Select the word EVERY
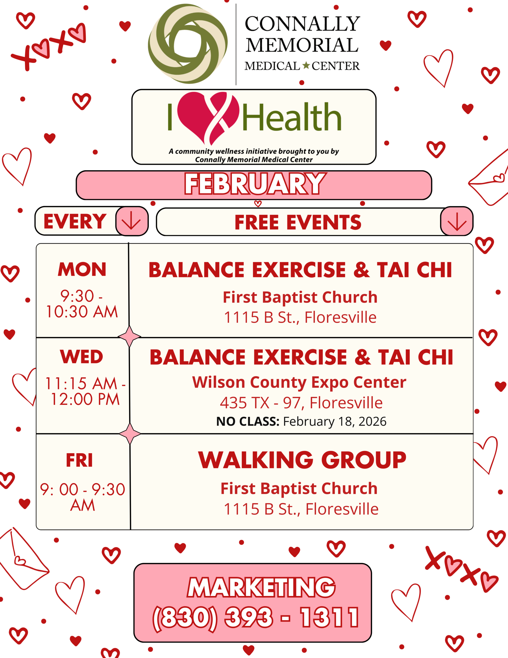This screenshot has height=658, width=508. point(75,222)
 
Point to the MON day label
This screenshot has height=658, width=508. point(82,269)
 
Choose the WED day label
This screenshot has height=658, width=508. point(82,357)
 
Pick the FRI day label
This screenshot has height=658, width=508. point(79,460)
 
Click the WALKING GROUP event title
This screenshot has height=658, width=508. point(302,460)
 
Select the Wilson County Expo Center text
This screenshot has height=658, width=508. point(299,382)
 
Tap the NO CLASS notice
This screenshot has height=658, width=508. point(301,422)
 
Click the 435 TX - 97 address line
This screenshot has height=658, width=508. point(301,403)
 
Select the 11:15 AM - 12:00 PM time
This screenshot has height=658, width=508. point(85,391)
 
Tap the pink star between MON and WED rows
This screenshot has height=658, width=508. point(129,336)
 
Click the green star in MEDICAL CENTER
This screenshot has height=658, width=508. point(306,65)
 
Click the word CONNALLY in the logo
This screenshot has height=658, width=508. point(302,23)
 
